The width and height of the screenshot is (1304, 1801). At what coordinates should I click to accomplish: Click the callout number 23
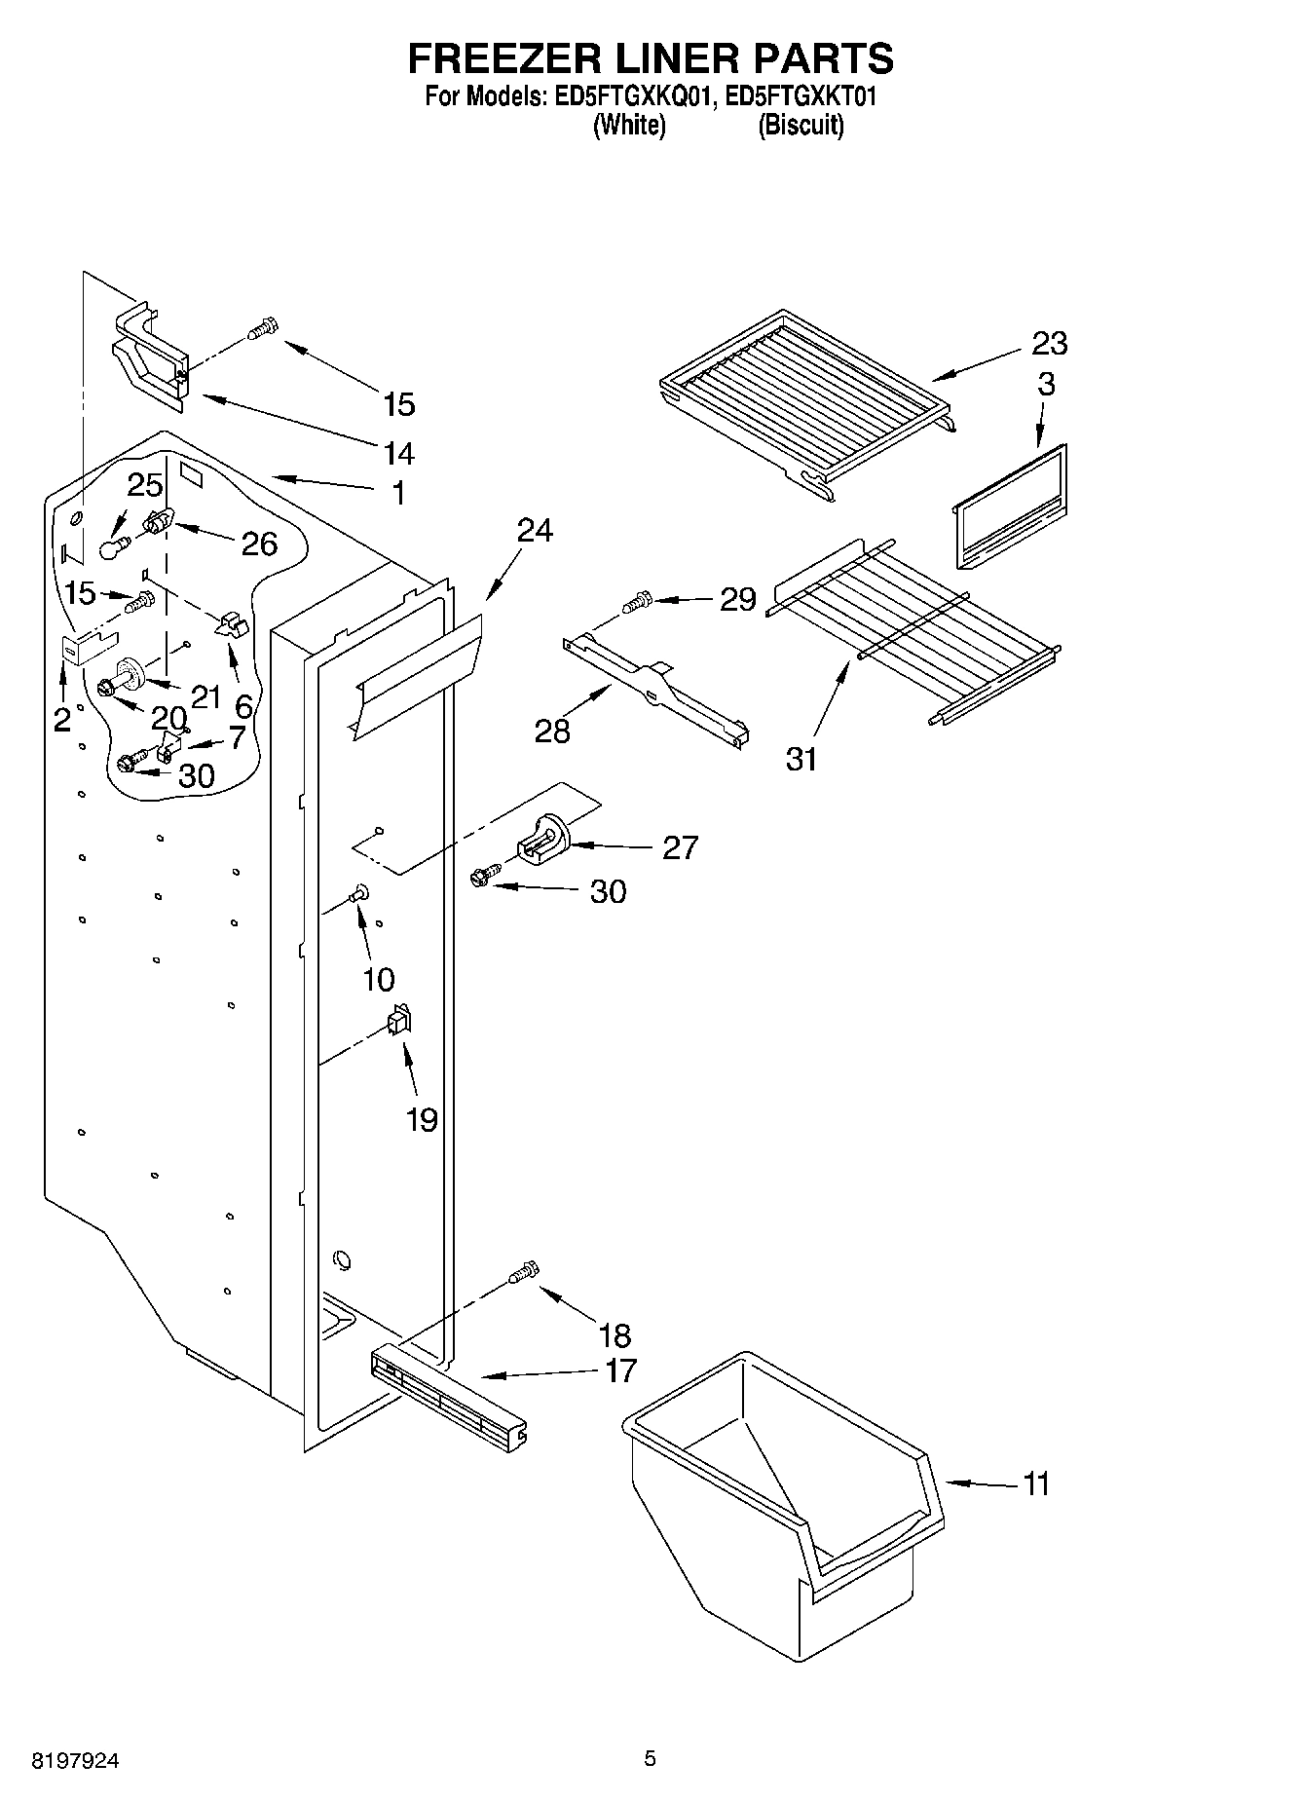[1049, 343]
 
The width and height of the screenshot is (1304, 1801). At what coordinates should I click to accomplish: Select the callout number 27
[680, 847]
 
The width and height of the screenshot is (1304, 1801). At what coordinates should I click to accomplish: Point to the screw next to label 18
[524, 1273]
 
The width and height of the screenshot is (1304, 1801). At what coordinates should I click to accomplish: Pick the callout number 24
[535, 530]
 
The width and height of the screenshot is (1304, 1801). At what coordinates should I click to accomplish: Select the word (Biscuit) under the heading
[801, 125]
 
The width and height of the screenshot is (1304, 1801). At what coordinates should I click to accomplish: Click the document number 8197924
[76, 1760]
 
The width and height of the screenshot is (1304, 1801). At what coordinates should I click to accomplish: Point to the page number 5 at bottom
[650, 1758]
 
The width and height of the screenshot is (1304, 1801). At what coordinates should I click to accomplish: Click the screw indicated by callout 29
[638, 603]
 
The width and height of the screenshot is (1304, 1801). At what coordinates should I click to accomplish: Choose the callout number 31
[801, 758]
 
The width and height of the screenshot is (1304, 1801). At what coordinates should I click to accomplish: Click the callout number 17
[620, 1370]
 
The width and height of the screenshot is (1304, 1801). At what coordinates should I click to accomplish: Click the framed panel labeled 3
[1009, 507]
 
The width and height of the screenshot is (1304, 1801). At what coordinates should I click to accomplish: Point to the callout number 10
[379, 979]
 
